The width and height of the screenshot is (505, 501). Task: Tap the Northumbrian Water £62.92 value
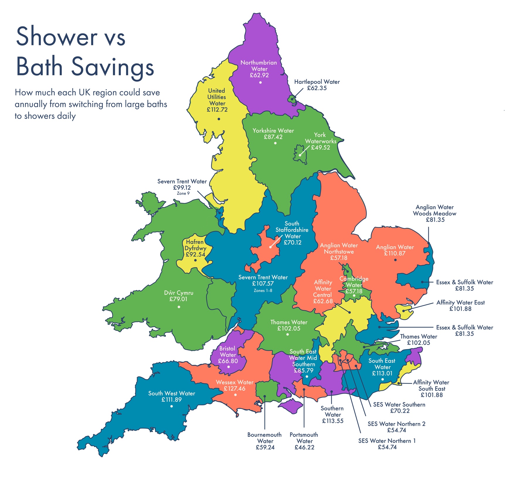[x=259, y=75]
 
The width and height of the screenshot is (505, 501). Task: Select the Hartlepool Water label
[x=317, y=82]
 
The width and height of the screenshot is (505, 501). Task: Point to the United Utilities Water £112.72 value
[x=217, y=110]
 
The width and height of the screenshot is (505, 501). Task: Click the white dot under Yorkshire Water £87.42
[x=275, y=143]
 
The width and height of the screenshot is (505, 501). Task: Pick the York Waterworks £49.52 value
[x=320, y=148]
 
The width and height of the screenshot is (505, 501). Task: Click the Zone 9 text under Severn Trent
[x=183, y=194]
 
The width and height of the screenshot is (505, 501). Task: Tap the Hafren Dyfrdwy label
[x=195, y=245]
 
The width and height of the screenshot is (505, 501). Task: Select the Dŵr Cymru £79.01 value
[x=178, y=299]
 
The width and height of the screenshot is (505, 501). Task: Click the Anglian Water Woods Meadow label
[x=434, y=211]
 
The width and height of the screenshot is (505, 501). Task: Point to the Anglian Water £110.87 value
[x=395, y=254]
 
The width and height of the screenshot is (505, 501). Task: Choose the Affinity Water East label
[x=460, y=302]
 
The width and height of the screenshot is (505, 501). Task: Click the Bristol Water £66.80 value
[x=228, y=361]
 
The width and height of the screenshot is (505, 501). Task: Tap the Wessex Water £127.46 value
[x=234, y=389]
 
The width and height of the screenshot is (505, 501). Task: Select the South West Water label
[x=171, y=393]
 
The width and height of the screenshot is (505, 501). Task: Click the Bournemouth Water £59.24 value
[x=265, y=447]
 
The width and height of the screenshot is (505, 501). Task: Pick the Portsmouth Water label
[x=304, y=438]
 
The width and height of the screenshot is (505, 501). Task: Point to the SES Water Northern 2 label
[x=396, y=424]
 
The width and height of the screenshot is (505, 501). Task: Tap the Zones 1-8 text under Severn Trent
[x=263, y=291]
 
